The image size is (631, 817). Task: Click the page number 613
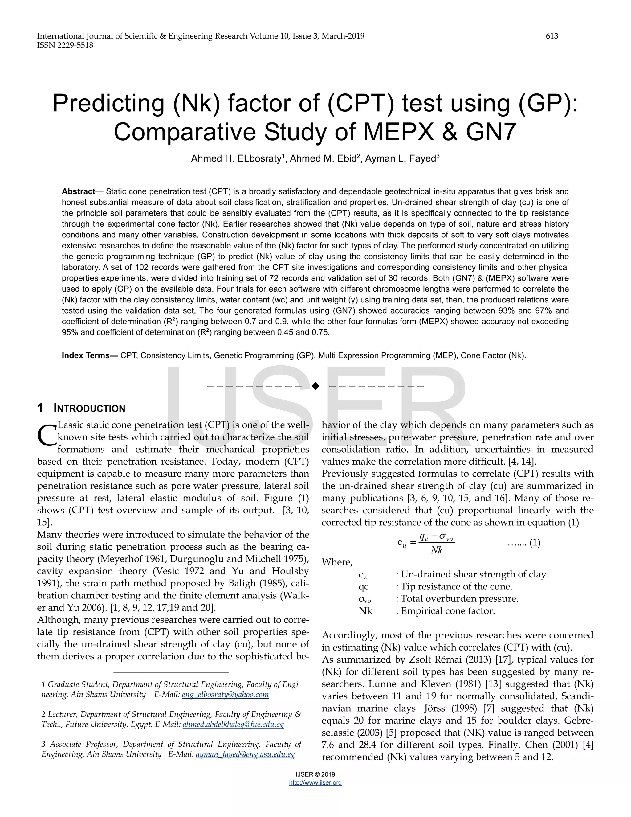[x=552, y=36]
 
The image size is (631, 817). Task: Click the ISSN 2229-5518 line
[x=65, y=45]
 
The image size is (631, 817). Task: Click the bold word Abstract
[x=78, y=191]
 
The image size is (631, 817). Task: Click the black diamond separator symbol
[x=315, y=386]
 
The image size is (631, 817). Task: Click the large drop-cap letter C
[x=47, y=435]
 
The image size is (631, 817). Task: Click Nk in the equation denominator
[x=436, y=550]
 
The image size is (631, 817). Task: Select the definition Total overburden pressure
[x=459, y=598]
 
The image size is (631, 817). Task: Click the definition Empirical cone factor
[x=448, y=611]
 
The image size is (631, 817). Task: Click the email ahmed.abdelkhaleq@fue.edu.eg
[x=233, y=725]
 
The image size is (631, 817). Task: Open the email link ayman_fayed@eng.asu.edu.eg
[x=245, y=754]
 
